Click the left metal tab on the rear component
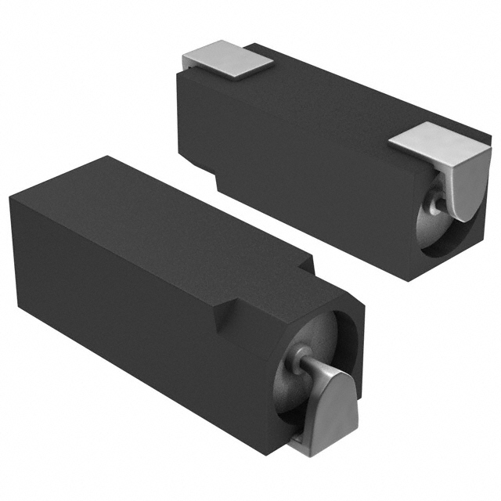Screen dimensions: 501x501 coord(227,62)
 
